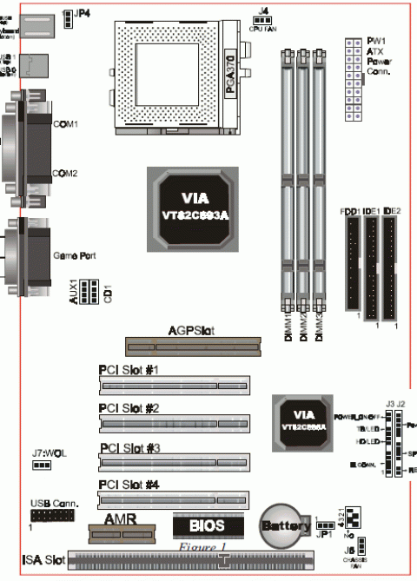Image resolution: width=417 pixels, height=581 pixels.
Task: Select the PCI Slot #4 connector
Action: [173, 500]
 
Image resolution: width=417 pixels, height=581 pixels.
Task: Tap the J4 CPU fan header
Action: [261, 18]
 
